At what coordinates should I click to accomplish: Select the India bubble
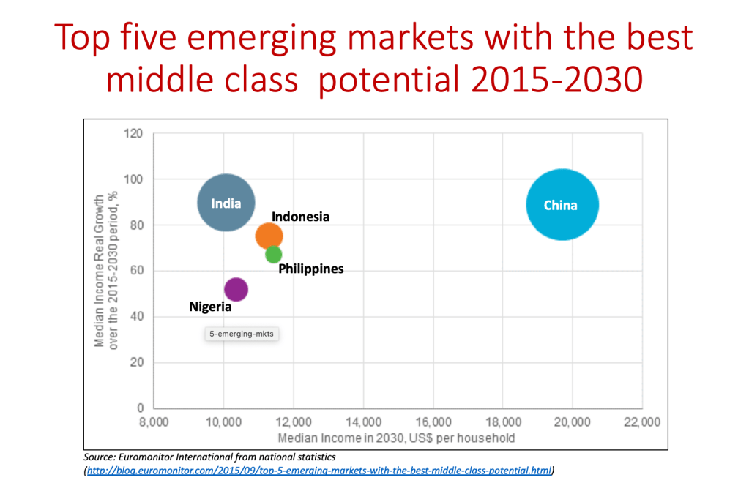(x=226, y=203)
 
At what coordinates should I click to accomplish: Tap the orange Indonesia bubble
(x=269, y=236)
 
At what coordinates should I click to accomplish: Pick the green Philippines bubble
(x=273, y=255)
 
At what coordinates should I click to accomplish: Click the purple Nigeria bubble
(x=236, y=289)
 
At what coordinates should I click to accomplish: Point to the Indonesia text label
(x=300, y=217)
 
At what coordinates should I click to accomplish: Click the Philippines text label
(x=311, y=269)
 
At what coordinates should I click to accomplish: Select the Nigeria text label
(x=210, y=307)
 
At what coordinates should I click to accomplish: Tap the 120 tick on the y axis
(x=133, y=134)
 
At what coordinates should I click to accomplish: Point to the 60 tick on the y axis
(x=136, y=271)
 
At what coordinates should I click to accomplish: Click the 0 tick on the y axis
(x=139, y=408)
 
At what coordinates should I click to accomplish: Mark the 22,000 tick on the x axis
(x=642, y=422)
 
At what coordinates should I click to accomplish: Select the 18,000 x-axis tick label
(x=502, y=422)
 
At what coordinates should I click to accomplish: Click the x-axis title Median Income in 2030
(x=396, y=438)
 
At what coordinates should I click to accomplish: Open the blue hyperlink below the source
(x=320, y=470)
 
